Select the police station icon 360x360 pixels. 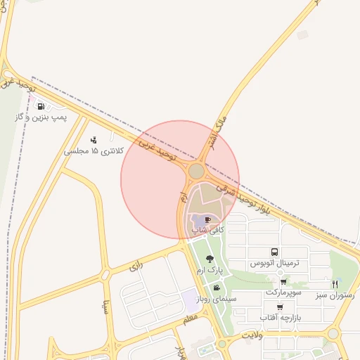tap(94, 140)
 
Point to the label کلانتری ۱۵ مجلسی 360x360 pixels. tap(94, 151)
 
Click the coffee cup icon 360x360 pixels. tap(206, 219)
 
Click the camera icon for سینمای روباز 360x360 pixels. tap(216, 288)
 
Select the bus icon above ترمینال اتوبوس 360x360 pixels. tap(274, 252)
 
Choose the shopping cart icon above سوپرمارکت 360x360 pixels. tap(283, 281)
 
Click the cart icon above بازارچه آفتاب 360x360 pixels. tap(281, 307)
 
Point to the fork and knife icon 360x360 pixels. tap(335, 284)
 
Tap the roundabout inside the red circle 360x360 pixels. tap(196, 171)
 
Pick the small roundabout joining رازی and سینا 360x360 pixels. tap(105, 274)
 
